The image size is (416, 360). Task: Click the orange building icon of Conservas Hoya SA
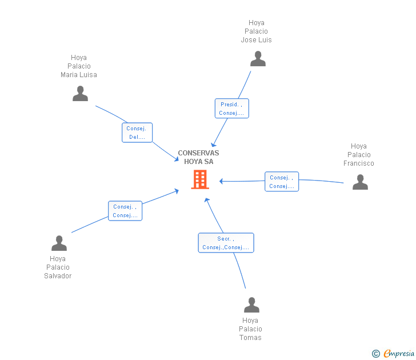(199, 180)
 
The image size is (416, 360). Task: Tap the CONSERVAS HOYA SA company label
(198, 157)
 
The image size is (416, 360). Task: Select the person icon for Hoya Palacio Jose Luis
(258, 59)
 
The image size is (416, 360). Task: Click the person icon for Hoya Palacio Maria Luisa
(80, 94)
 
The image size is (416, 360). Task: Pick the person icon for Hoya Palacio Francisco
(360, 182)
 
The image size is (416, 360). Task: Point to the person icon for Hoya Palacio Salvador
(59, 243)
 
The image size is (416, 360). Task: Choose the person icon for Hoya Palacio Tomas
(251, 305)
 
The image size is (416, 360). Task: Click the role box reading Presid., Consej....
(231, 109)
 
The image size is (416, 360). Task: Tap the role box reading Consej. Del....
(137, 133)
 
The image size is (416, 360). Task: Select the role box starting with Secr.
(226, 243)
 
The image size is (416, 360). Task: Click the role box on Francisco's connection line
(281, 182)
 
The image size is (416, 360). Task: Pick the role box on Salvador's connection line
(125, 211)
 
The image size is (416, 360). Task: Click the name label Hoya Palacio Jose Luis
(256, 31)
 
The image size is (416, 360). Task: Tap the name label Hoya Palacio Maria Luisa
(79, 66)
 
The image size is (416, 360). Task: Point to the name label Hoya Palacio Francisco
(359, 155)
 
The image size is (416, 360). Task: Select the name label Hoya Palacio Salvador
(58, 267)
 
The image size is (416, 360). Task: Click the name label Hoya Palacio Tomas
(250, 329)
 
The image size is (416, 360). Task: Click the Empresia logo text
(398, 353)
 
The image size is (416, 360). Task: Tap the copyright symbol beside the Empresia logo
(375, 354)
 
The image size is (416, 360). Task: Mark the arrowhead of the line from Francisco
(221, 181)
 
